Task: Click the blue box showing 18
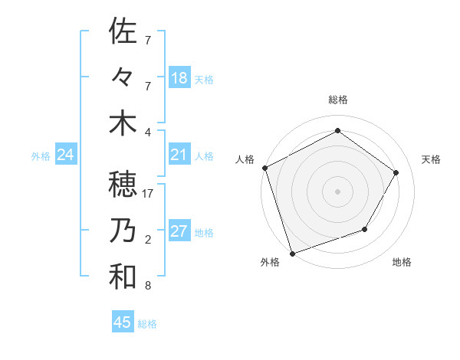[x=179, y=77]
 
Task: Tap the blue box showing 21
[x=179, y=155]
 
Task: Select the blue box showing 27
[x=179, y=232]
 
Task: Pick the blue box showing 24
[x=66, y=155]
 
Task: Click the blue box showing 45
[x=123, y=322]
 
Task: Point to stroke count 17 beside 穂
[x=148, y=194]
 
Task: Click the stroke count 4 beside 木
[x=148, y=132]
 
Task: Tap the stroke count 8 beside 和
[x=148, y=286]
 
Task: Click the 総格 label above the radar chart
[x=337, y=100]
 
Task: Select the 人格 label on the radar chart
[x=245, y=159]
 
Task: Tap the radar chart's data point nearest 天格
[x=396, y=172]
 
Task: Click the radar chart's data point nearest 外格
[x=292, y=253]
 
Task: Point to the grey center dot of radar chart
[x=337, y=191]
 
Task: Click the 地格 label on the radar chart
[x=402, y=263]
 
